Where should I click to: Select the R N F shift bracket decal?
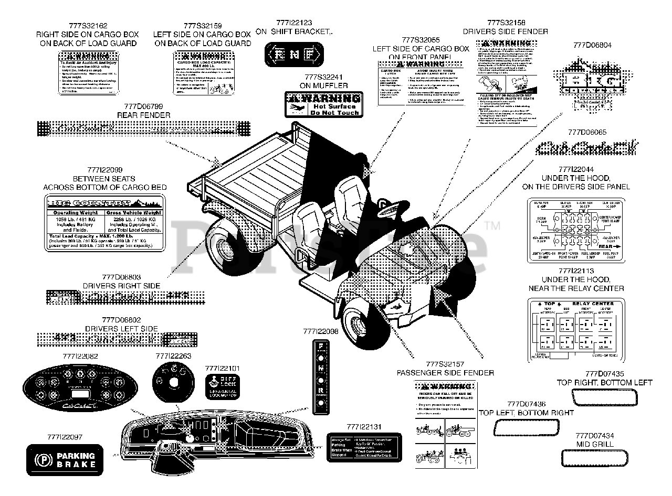(293, 54)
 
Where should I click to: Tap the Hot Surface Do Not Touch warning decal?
(324, 104)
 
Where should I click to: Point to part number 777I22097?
(65, 436)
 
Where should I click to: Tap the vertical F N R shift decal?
(320, 376)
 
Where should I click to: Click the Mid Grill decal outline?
(594, 459)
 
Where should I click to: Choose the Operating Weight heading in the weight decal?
(74, 213)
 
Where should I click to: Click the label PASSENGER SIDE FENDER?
(445, 373)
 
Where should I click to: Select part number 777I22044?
(576, 169)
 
